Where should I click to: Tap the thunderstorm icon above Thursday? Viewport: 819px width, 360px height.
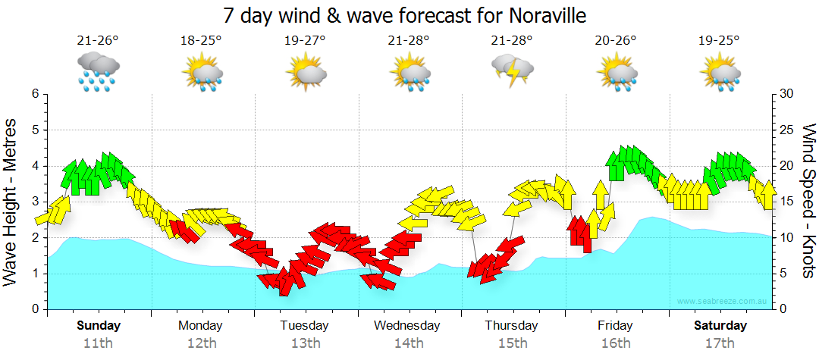513,70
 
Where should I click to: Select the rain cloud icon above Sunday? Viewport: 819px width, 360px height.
97,71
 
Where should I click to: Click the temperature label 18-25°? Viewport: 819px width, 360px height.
201,40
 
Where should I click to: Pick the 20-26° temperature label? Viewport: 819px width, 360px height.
616,40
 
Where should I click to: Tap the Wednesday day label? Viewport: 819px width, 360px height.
407,326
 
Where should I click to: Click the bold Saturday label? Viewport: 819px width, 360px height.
720,326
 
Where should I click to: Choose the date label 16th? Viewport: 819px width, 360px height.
615,343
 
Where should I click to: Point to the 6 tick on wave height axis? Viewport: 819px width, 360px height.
35,94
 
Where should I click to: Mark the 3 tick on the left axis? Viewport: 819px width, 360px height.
35,202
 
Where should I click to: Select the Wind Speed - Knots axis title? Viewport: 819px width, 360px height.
808,202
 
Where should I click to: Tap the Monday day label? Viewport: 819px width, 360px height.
201,326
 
